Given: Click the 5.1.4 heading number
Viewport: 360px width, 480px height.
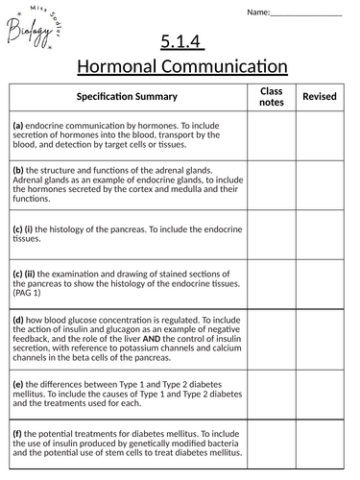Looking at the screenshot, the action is click(180, 42).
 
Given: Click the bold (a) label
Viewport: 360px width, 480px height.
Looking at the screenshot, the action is click(18, 125).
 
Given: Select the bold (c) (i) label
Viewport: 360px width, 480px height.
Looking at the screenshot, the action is click(23, 229).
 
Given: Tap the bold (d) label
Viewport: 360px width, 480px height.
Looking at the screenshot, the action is click(18, 318).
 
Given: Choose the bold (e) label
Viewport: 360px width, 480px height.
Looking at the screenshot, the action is click(18, 383).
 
